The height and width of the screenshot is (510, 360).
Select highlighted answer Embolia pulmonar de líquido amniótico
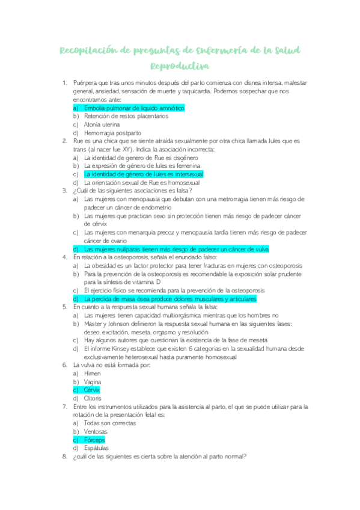click(x=133, y=108)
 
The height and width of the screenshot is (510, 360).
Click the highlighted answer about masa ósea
click(x=170, y=298)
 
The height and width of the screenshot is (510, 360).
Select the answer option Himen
click(x=93, y=373)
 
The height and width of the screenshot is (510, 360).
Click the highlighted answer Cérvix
click(x=92, y=390)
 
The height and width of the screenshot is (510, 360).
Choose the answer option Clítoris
click(x=93, y=398)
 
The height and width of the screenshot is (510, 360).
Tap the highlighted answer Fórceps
click(x=94, y=440)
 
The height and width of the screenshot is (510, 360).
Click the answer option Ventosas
click(x=96, y=431)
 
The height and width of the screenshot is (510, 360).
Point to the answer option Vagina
click(x=93, y=381)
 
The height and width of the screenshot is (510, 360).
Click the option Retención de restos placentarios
click(x=126, y=116)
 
